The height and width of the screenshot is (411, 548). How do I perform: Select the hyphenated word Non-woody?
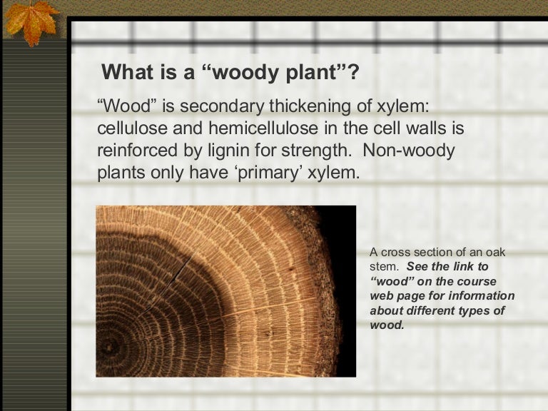[417, 151]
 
